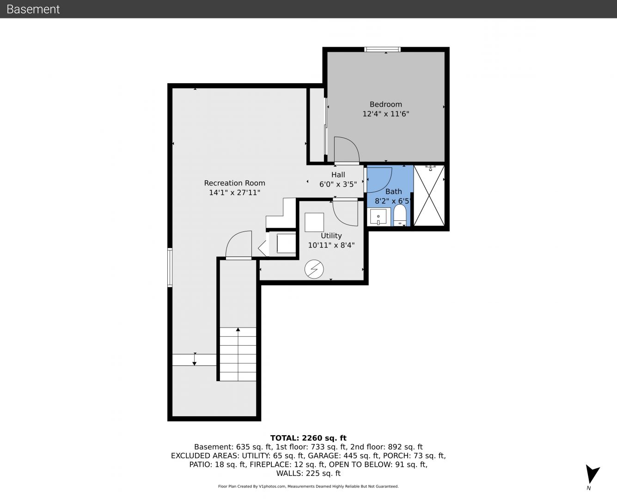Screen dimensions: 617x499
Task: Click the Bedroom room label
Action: point(385,104)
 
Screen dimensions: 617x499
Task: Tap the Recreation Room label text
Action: point(235,183)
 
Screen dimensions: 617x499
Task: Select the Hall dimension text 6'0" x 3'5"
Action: point(338,184)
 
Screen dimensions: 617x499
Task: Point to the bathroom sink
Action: point(379,217)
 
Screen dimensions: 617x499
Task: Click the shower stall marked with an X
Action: point(429,195)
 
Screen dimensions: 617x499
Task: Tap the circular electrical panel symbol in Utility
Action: point(314,269)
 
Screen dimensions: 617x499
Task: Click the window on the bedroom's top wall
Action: point(382,49)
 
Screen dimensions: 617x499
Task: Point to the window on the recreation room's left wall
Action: point(170,268)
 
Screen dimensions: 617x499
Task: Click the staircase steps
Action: point(238,354)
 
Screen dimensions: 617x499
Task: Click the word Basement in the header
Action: point(33,9)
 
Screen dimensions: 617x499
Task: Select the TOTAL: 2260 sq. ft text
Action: point(308,438)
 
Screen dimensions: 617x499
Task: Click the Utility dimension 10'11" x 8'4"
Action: point(331,245)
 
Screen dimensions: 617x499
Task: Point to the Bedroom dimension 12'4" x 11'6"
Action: point(385,114)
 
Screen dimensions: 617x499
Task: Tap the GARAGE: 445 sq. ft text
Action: point(343,456)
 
